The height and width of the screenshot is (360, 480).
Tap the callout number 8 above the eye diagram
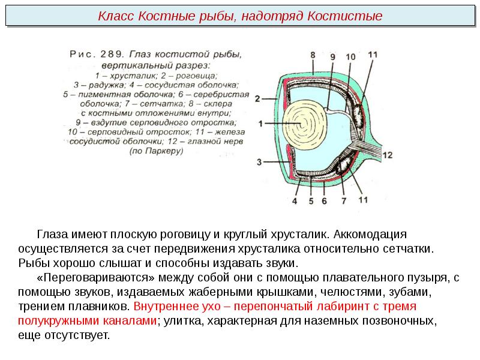313,55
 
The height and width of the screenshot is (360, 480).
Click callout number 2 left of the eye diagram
257,98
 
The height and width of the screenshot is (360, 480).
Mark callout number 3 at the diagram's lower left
259,162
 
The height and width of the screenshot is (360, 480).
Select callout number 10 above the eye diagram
350,58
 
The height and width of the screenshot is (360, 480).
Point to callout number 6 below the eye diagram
324,201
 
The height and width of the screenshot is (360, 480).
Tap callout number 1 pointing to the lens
260,124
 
